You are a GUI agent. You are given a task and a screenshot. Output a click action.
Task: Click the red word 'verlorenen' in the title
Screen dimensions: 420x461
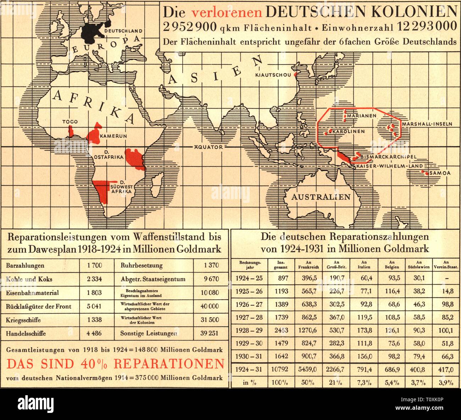pyautogui.click(x=227, y=13)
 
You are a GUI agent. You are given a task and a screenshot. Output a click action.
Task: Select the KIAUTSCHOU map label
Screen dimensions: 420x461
pyautogui.click(x=273, y=75)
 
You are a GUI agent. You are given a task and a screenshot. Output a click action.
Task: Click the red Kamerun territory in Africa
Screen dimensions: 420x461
pyautogui.click(x=94, y=135)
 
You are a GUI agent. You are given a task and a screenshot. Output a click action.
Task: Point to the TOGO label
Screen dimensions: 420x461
pyautogui.click(x=70, y=122)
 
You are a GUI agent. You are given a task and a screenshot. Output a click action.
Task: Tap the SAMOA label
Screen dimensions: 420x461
pyautogui.click(x=440, y=173)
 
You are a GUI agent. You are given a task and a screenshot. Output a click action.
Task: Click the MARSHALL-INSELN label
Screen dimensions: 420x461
pyautogui.click(x=427, y=124)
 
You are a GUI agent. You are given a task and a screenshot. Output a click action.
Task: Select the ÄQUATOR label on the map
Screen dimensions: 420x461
pyautogui.click(x=208, y=147)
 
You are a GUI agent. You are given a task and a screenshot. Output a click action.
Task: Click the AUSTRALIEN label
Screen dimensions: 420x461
pyautogui.click(x=321, y=197)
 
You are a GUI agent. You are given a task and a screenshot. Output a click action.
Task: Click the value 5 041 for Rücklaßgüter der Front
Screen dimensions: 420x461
pyautogui.click(x=94, y=306)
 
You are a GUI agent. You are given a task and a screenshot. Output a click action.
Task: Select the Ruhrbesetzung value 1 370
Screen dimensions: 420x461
pyautogui.click(x=211, y=265)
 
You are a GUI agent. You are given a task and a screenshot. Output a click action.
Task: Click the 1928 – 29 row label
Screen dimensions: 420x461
pyautogui.click(x=249, y=330)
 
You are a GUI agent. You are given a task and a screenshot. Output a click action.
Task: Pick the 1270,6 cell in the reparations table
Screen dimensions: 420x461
pyautogui.click(x=307, y=330)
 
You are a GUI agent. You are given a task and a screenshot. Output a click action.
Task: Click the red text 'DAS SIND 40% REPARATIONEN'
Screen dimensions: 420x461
pyautogui.click(x=116, y=364)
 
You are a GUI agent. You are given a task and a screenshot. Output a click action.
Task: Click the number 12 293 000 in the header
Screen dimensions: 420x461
pyautogui.click(x=427, y=27)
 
